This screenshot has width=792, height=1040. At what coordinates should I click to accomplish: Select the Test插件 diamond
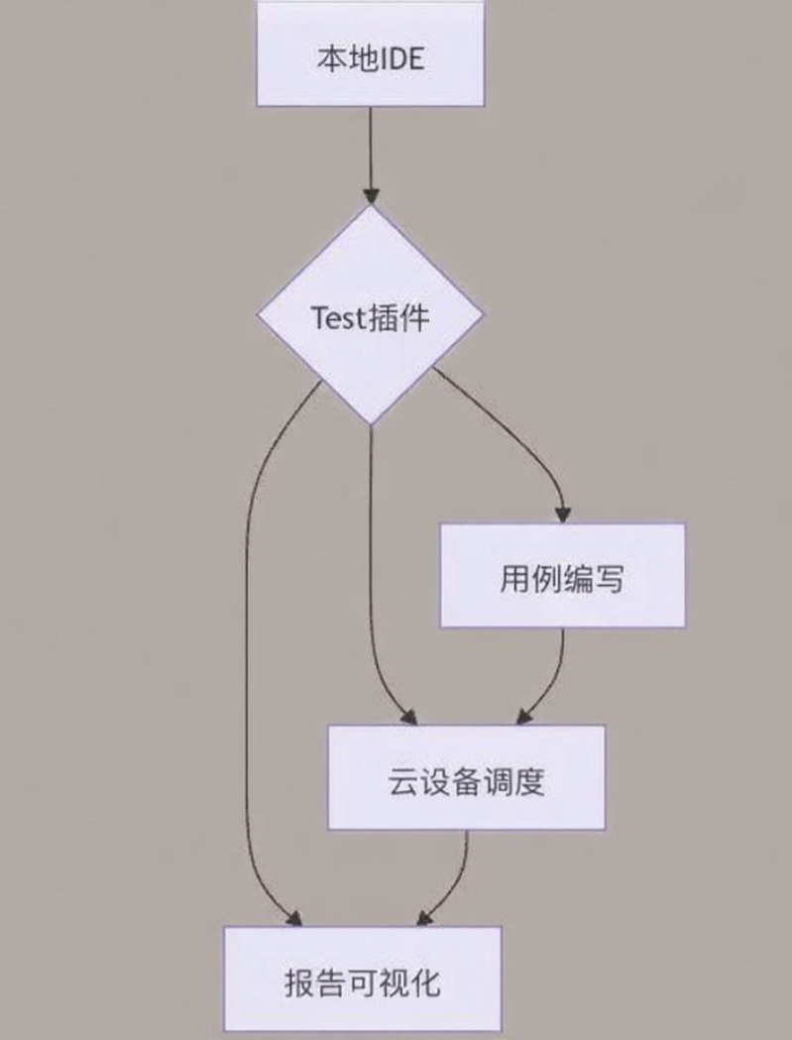371,317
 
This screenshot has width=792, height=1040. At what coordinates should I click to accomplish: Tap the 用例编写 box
562,576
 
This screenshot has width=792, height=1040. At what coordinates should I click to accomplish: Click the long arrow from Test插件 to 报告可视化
247,644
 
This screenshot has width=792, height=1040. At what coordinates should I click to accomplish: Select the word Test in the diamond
338,318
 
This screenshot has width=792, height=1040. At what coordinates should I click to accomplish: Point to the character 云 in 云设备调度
401,782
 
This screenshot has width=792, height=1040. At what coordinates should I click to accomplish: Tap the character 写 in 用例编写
610,578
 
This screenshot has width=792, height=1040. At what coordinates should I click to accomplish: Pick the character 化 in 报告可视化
424,982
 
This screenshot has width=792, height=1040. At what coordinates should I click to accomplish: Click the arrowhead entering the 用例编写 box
562,514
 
